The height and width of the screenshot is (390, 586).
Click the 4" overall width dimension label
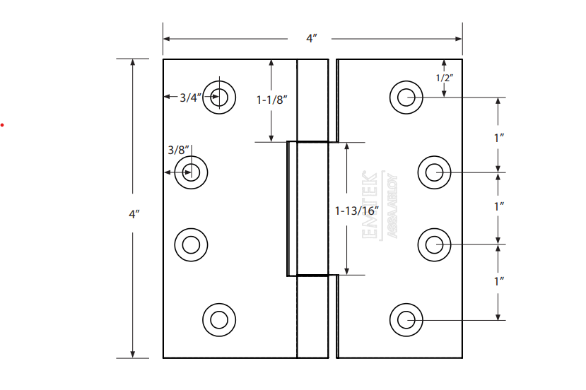311,38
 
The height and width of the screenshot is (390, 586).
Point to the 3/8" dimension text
178,150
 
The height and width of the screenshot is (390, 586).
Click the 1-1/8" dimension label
271,100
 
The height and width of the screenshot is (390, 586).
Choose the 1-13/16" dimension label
357,210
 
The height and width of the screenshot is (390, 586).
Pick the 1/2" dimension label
444,78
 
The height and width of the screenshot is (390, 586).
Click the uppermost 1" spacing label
499,138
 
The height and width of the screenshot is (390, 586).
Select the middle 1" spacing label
499,206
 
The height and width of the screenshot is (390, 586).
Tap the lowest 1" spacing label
499,280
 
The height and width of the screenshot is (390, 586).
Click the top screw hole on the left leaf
220,97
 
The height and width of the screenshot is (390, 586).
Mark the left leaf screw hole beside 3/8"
191,172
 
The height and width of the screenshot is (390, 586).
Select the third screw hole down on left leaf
191,245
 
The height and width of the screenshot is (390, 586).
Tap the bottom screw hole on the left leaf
219,319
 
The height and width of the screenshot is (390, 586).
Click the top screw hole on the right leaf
406,97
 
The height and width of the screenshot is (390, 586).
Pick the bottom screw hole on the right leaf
406,319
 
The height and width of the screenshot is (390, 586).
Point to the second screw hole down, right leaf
434,172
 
